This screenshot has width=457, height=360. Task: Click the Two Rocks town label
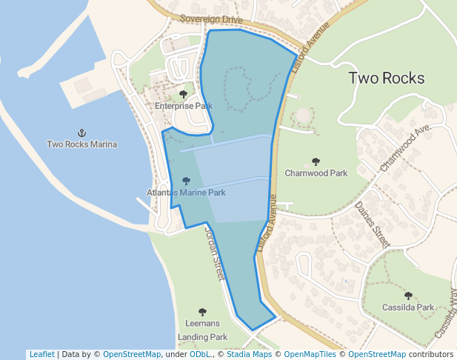tap(386, 78)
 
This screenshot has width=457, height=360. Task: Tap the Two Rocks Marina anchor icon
tap(81, 133)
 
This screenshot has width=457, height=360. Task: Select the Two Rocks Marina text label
tap(81, 144)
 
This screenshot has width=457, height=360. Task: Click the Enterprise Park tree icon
tap(184, 94)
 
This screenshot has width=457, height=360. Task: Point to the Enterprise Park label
tap(184, 106)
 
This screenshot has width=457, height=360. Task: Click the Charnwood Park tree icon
tap(316, 161)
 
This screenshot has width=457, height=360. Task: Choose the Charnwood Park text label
tap(316, 173)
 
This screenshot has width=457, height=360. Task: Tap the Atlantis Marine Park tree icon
tap(186, 181)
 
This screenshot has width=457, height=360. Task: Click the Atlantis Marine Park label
tap(186, 193)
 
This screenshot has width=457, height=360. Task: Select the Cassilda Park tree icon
tap(408, 296)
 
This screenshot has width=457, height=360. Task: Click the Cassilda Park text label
tap(408, 307)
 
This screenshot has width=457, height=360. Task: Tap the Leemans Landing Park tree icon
tap(202, 312)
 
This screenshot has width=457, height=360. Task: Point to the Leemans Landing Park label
tap(202, 330)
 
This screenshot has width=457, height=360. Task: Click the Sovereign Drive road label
tap(211, 19)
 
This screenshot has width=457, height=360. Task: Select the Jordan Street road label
tap(213, 253)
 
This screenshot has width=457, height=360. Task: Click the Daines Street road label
tap(372, 224)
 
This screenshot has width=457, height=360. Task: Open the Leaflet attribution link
tap(41, 354)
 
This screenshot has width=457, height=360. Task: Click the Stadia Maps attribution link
tap(249, 354)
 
